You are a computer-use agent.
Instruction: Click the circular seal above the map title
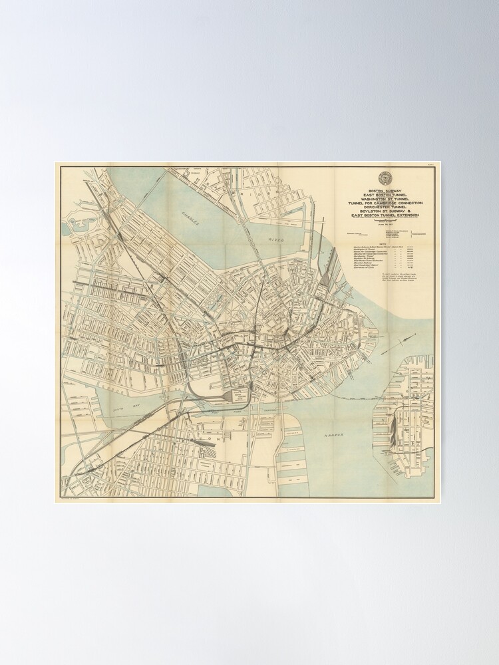click(x=385, y=178)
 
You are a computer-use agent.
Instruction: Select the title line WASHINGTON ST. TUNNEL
click(x=385, y=198)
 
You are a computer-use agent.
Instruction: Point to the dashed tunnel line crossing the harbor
click(x=346, y=394)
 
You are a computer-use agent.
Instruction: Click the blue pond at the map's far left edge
click(x=69, y=227)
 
